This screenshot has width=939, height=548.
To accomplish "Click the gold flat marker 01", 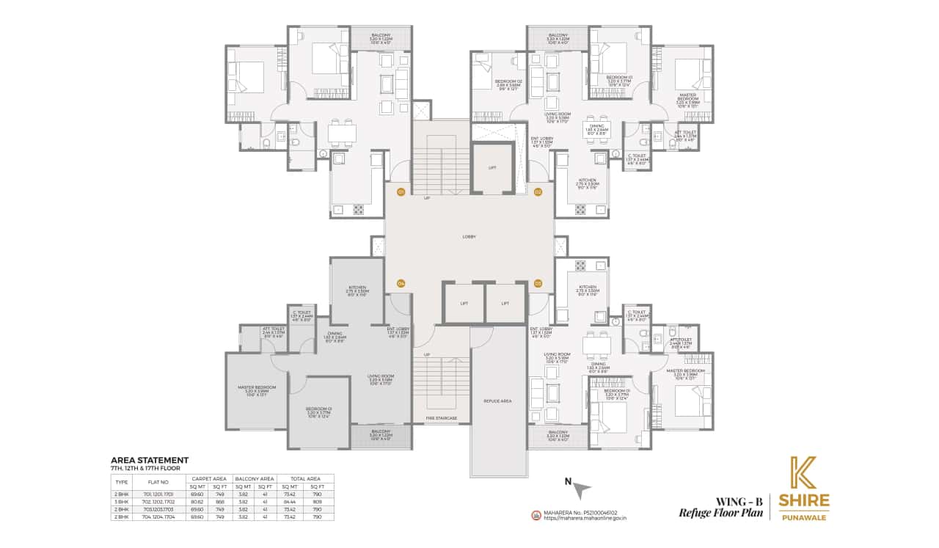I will (401, 192).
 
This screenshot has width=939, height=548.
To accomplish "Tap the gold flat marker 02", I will (538, 192).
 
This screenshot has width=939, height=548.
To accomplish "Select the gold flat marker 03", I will (538, 283).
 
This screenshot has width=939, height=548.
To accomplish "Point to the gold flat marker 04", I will (401, 283).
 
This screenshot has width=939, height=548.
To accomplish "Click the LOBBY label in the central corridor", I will (469, 237).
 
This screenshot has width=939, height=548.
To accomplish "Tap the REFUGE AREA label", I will (497, 401).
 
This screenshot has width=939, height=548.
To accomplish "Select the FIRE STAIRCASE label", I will (441, 418).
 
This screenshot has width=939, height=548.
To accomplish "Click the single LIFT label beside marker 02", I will (492, 168).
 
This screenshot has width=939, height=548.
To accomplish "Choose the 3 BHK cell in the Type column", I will (123, 501).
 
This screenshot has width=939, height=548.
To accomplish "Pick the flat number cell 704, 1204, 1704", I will (159, 516).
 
